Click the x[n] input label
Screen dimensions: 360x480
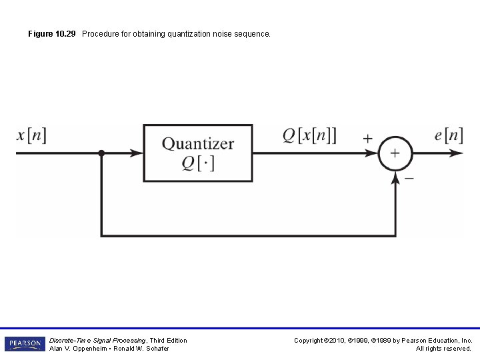pos(31,136)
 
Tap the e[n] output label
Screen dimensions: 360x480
pos(448,136)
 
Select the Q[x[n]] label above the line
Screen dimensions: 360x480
pos(309,136)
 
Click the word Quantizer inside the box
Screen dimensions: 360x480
pos(198,143)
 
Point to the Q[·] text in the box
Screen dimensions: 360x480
pos(198,163)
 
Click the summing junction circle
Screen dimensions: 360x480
pos(395,153)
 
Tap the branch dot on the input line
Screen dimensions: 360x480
pos(101,153)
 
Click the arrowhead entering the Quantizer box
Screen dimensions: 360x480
pos(138,153)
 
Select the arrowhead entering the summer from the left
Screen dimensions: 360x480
pos(373,153)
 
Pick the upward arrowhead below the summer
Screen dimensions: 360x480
pos(396,177)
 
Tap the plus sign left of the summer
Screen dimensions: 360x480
pos(368,139)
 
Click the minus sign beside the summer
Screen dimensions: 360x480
pos(409,179)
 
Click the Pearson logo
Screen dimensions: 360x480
pos(25,344)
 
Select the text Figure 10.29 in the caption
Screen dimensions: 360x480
pos(53,33)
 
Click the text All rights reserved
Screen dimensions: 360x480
pos(443,349)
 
